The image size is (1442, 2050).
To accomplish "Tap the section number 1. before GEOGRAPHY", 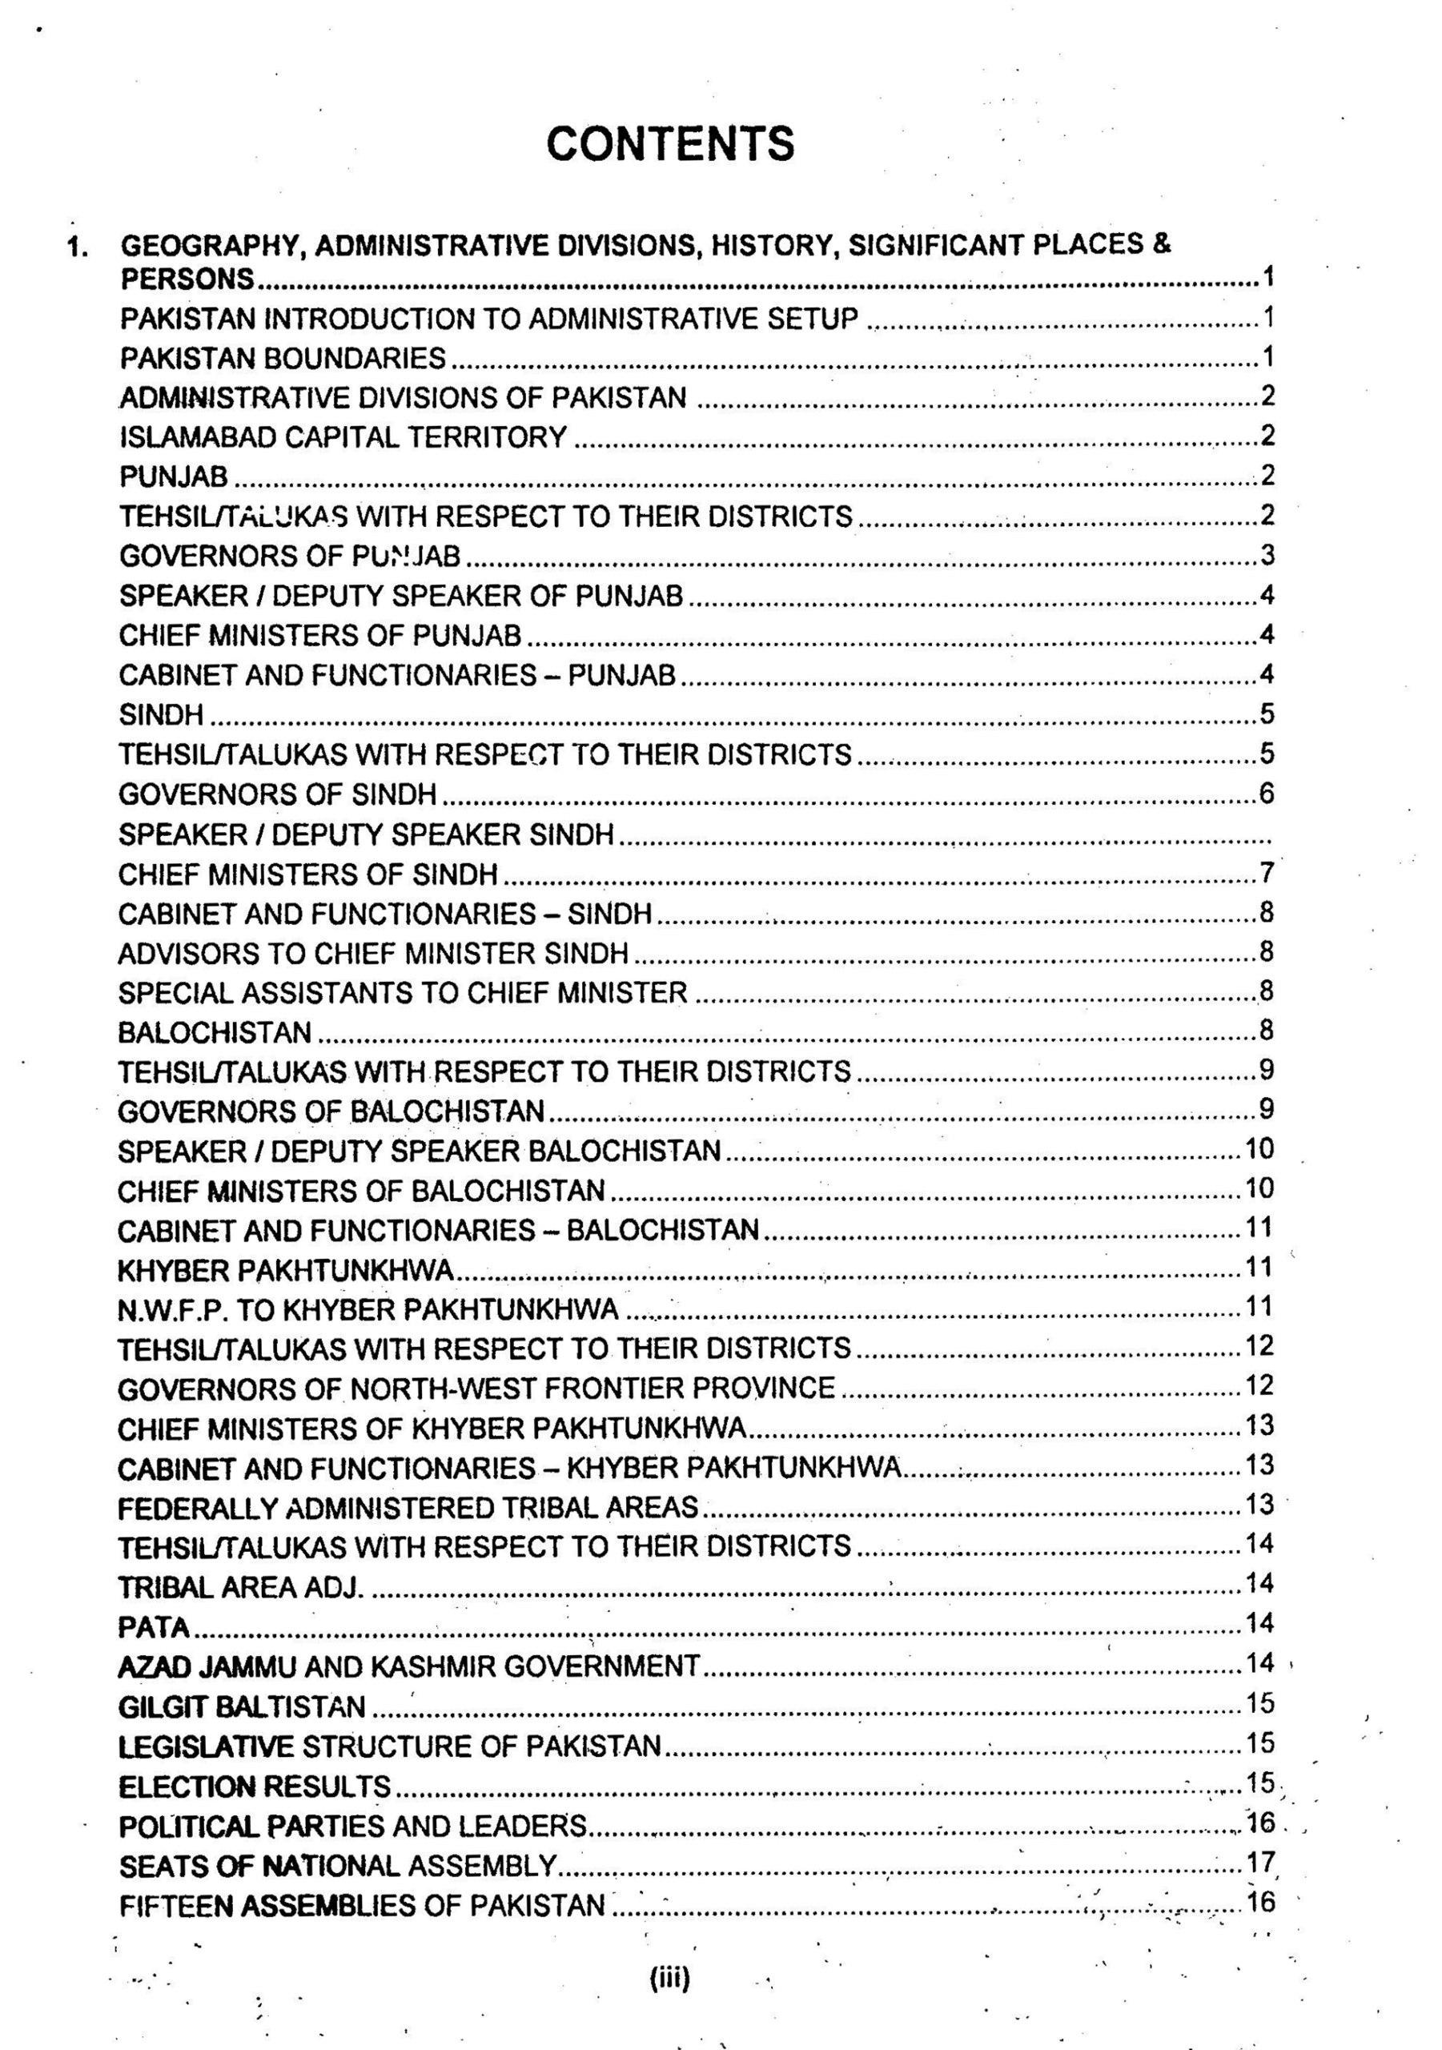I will point(78,247).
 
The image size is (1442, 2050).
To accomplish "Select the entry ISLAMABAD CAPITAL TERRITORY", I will point(343,436).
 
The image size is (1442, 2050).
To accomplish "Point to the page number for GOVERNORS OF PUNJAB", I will point(1267,556).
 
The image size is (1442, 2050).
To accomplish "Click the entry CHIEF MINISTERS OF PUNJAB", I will point(319,635).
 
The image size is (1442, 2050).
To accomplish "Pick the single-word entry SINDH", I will point(161,714).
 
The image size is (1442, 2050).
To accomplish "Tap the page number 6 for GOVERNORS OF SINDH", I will point(1267,793).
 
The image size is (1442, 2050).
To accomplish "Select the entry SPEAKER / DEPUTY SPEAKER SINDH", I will point(366,834).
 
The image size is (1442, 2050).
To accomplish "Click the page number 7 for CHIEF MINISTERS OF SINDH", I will point(1267,872).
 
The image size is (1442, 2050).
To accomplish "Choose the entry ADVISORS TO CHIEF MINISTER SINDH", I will point(373,953).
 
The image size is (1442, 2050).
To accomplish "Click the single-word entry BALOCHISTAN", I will point(215,1032).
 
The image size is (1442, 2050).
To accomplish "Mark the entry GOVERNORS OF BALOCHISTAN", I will point(331,1111).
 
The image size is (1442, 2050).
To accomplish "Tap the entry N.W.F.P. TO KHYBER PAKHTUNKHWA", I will point(368,1309).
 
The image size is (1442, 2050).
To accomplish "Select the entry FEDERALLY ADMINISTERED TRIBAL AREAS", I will point(408,1507).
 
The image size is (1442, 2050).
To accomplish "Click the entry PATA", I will point(154,1626).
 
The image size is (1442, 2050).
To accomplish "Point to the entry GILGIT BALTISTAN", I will point(241,1706).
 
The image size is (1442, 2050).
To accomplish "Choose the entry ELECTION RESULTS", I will point(255,1786).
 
